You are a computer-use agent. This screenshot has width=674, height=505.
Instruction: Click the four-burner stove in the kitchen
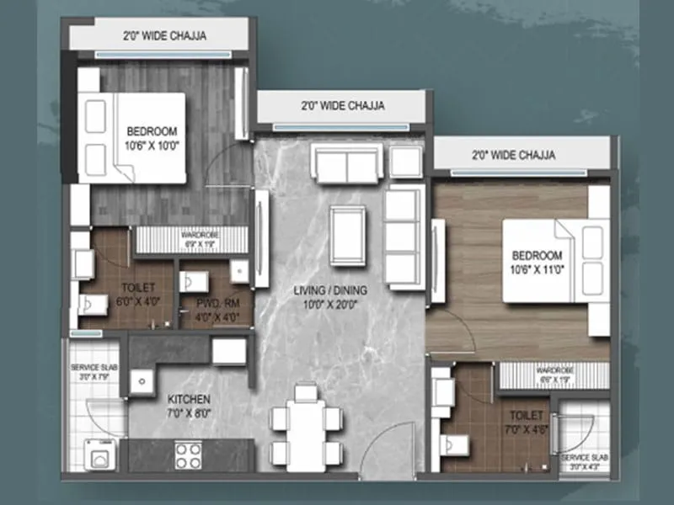188,456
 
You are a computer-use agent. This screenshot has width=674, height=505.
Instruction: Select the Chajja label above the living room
342,106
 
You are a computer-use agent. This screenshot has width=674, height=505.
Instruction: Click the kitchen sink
139,381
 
